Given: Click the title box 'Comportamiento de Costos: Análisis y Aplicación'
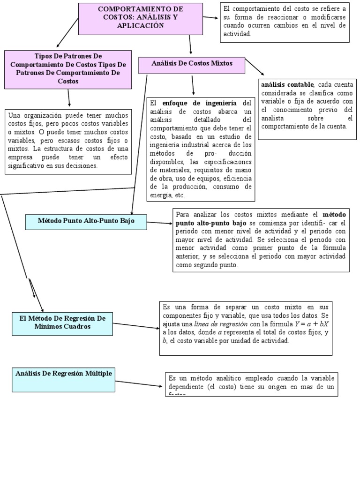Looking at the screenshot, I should click(x=140, y=18).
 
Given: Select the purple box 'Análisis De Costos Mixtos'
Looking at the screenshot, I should click(x=192, y=65).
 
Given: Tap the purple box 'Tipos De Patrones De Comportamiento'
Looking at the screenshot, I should click(x=68, y=69).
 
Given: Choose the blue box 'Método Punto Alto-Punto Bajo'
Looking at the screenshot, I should click(x=86, y=222).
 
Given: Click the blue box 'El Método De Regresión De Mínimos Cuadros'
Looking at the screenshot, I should click(x=62, y=322).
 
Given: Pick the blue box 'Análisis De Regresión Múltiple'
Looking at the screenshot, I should click(x=64, y=379).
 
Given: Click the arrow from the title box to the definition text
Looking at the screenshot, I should click(x=211, y=18).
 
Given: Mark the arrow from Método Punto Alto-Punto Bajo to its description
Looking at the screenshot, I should click(x=160, y=223).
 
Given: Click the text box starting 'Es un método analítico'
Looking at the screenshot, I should click(x=251, y=384).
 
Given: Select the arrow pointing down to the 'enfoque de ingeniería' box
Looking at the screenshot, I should click(x=193, y=85).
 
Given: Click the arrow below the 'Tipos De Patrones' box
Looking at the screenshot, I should click(x=69, y=97).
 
